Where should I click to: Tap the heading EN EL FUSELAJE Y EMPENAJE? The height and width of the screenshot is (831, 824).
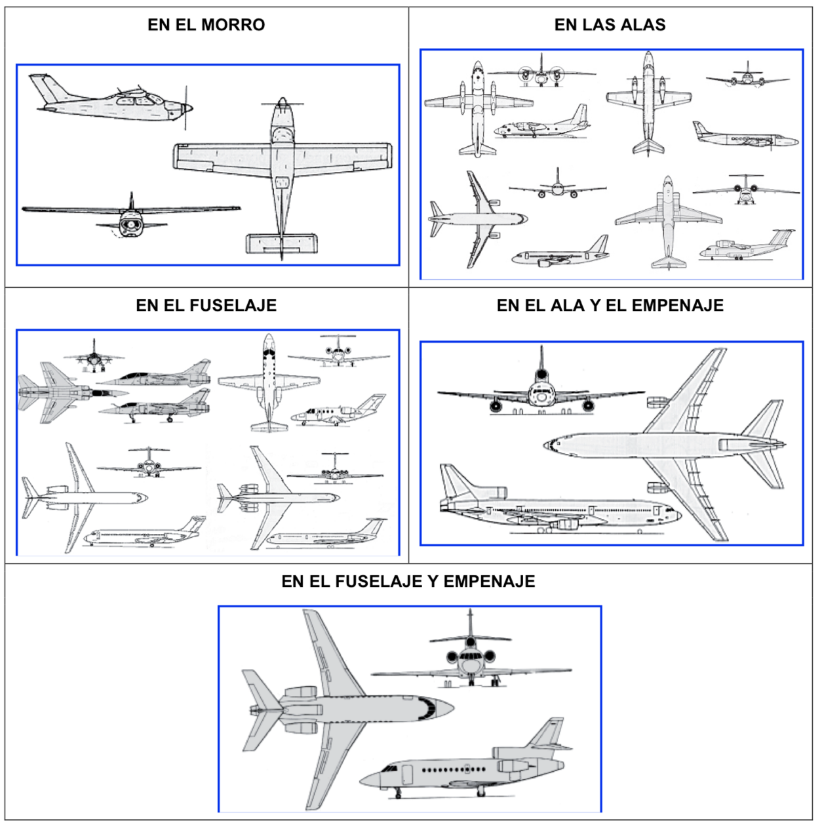coord(408,581)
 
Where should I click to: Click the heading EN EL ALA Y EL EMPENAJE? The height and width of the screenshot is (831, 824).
coord(610,305)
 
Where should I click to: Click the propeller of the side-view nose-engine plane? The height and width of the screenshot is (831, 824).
coord(186,108)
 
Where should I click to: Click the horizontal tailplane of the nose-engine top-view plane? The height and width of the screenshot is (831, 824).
coord(282,243)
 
